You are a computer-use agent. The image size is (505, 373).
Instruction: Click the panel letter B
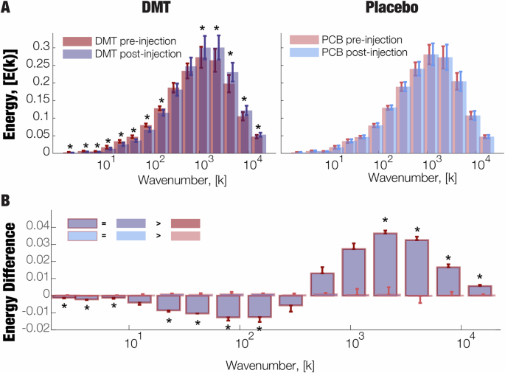(7, 200)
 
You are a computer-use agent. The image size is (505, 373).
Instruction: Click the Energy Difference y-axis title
(10, 273)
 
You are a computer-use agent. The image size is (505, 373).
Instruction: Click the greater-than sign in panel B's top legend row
(156, 223)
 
